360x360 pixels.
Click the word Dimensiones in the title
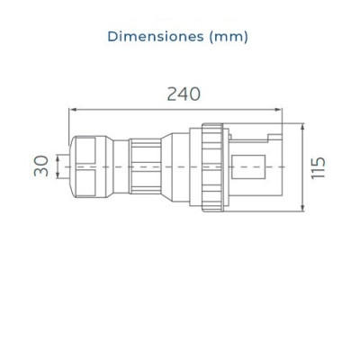[x=156, y=37]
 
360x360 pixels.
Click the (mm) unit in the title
[x=229, y=37]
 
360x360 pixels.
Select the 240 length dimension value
[x=184, y=94]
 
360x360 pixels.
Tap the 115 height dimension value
[x=319, y=167]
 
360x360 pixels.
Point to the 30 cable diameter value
[x=41, y=166]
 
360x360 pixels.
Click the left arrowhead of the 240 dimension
[x=72, y=110]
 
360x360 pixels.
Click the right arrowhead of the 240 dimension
[x=279, y=110]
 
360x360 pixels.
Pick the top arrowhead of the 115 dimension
[x=302, y=126]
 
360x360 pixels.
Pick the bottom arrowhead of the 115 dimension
[x=302, y=209]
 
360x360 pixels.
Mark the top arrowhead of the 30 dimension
[x=58, y=157]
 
